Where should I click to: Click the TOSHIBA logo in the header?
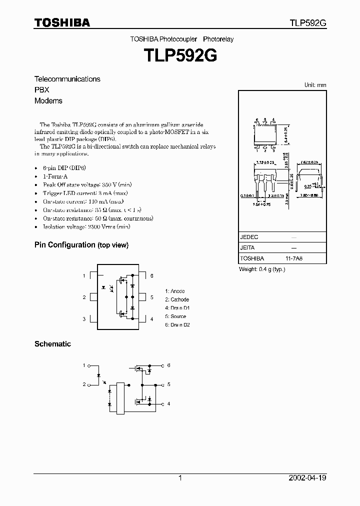click(62, 22)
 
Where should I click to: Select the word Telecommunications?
click(67, 79)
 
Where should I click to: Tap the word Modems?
click(48, 100)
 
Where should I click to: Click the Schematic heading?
click(52, 344)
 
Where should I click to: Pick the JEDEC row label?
click(249, 237)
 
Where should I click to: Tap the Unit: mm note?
click(315, 85)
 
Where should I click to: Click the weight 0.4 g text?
click(262, 269)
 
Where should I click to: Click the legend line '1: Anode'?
click(175, 291)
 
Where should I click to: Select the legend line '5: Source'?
click(175, 316)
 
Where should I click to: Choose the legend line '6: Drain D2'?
click(177, 325)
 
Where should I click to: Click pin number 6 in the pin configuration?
click(151, 276)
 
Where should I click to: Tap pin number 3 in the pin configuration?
click(84, 319)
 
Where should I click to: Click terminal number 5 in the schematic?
click(169, 384)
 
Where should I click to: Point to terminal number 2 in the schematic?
click(84, 384)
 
